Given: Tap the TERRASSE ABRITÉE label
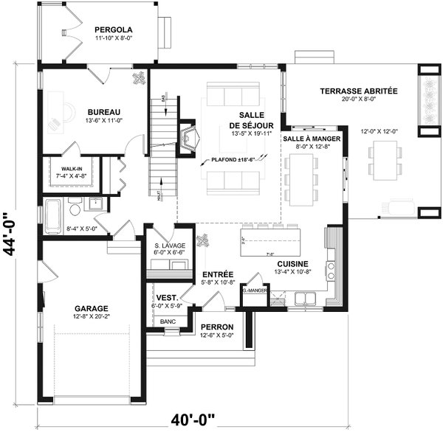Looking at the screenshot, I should tap(359, 91).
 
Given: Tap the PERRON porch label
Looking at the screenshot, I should tap(217, 327).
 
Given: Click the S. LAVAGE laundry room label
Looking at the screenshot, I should tap(169, 245).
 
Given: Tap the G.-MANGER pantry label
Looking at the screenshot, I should tap(253, 290).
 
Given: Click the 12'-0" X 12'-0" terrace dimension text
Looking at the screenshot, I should tap(380, 131).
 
